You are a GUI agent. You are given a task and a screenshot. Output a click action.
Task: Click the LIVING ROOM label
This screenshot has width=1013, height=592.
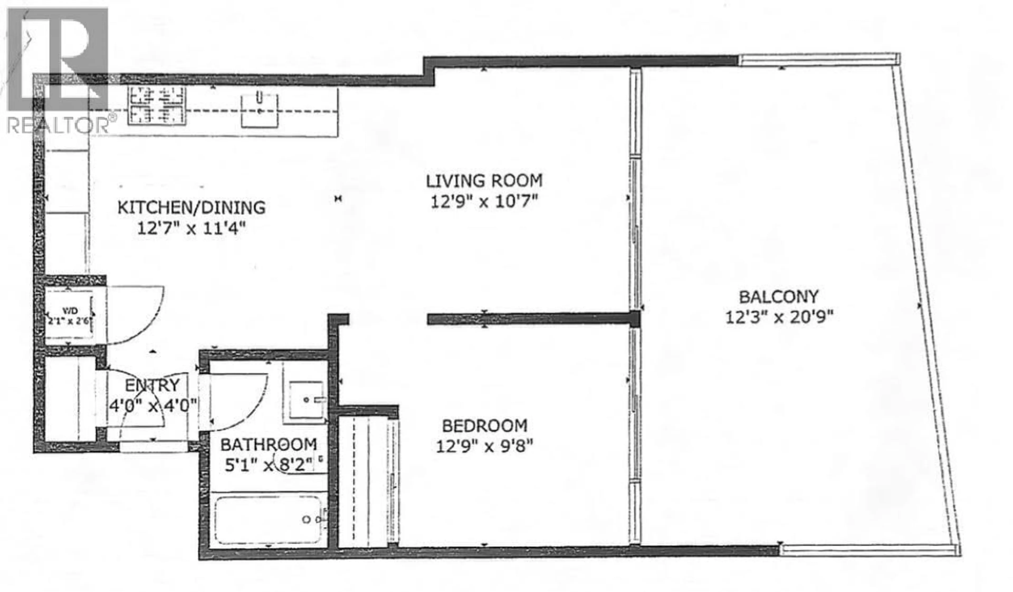click(x=484, y=181)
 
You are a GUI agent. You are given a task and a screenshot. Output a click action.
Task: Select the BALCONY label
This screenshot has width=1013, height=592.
click(x=779, y=297)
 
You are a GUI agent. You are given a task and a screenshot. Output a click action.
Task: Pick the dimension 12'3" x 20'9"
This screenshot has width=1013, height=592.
click(x=779, y=317)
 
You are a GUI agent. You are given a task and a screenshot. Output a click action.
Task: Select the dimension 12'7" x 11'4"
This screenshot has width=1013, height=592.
click(x=191, y=229)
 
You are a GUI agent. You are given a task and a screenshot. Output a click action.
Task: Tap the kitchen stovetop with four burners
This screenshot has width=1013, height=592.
click(x=157, y=105)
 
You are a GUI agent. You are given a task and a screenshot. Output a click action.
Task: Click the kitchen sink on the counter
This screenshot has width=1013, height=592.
click(x=260, y=110)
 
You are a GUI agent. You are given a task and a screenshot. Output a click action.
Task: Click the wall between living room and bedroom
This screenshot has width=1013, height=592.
click(x=531, y=319)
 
